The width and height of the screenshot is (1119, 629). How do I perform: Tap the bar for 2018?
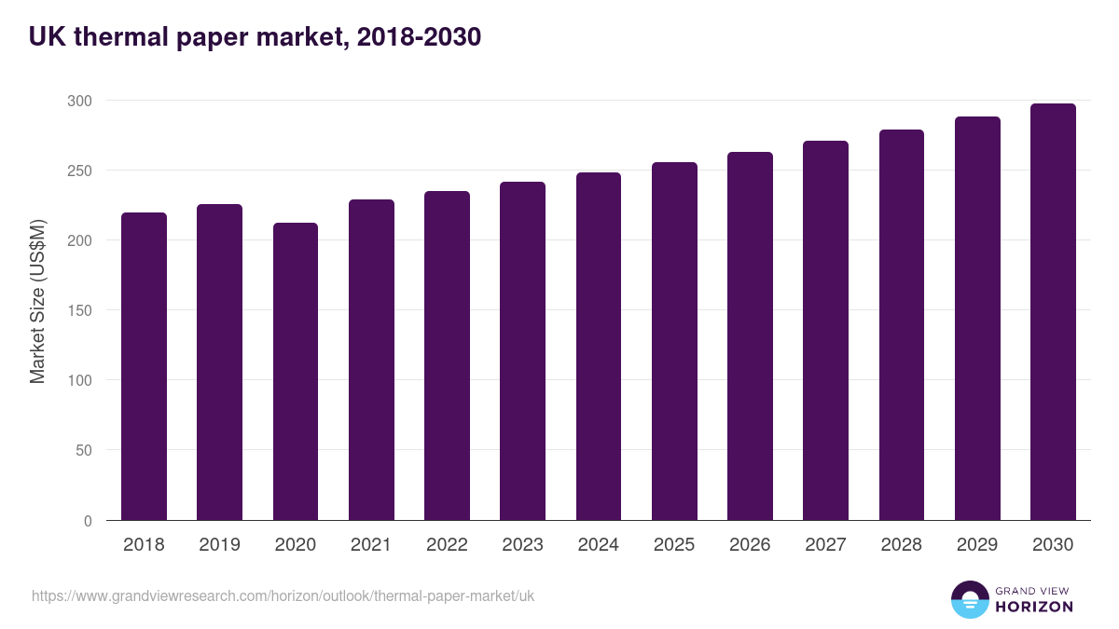144,366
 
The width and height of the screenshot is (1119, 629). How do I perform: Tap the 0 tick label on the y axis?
88,521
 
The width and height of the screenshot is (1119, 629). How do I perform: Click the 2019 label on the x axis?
220,545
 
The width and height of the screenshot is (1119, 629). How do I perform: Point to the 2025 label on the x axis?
674,545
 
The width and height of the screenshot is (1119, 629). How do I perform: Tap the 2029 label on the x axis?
977,545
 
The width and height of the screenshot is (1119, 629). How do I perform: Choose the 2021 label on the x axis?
371,545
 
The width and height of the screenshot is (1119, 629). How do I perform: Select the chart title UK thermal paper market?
255,37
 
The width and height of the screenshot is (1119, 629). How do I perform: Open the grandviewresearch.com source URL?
283,595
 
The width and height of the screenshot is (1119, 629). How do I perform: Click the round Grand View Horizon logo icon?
970,599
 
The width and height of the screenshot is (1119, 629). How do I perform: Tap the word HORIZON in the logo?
1033,607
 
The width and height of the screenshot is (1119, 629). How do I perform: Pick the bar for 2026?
750,335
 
